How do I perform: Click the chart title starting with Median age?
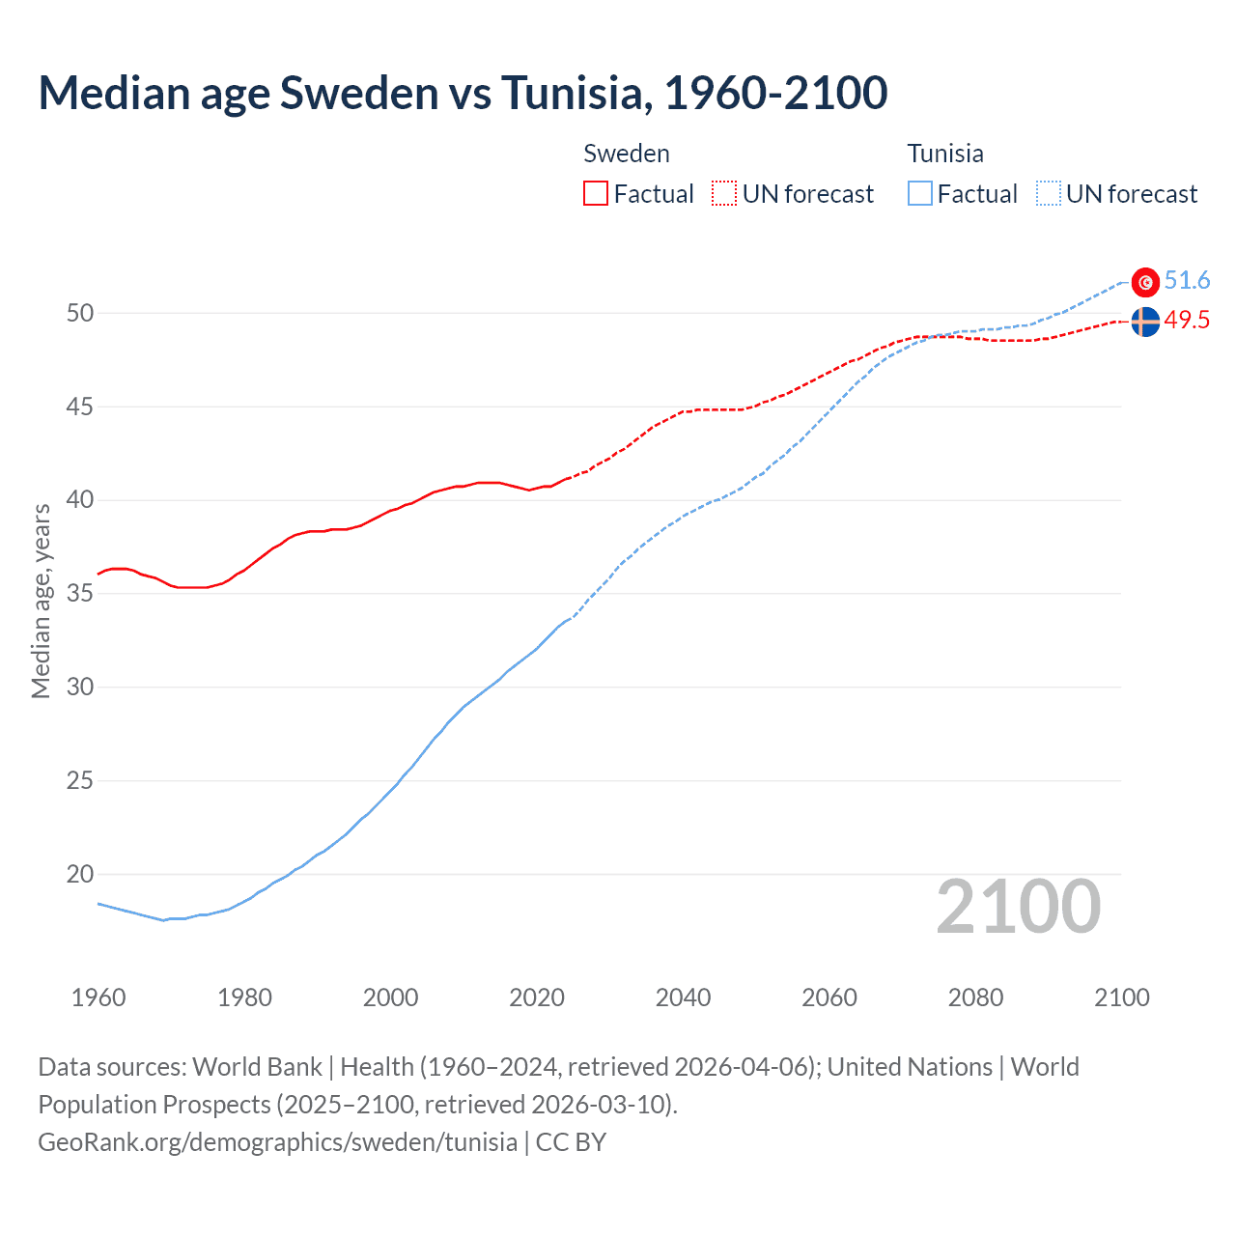click(x=463, y=93)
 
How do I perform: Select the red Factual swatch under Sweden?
click(x=596, y=193)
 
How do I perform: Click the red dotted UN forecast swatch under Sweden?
click(x=724, y=193)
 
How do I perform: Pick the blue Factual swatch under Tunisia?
click(x=920, y=193)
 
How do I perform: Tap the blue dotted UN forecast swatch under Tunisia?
click(x=1049, y=193)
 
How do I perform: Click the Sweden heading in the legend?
click(x=627, y=154)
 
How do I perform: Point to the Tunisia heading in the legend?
click(x=945, y=154)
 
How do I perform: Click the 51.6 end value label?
click(x=1187, y=281)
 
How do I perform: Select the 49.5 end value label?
click(x=1187, y=321)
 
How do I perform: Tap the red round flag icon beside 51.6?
click(x=1145, y=282)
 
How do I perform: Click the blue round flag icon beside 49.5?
click(x=1145, y=322)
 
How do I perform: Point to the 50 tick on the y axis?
click(x=80, y=313)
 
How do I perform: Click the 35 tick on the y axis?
click(x=80, y=593)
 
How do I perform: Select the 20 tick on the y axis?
click(x=80, y=874)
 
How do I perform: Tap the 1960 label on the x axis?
click(x=98, y=997)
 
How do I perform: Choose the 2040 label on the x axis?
click(x=683, y=997)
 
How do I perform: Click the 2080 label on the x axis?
click(x=975, y=997)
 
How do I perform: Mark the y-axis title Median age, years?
click(x=41, y=601)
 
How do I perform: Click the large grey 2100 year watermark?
click(x=1018, y=907)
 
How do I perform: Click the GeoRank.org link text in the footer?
click(x=277, y=1142)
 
